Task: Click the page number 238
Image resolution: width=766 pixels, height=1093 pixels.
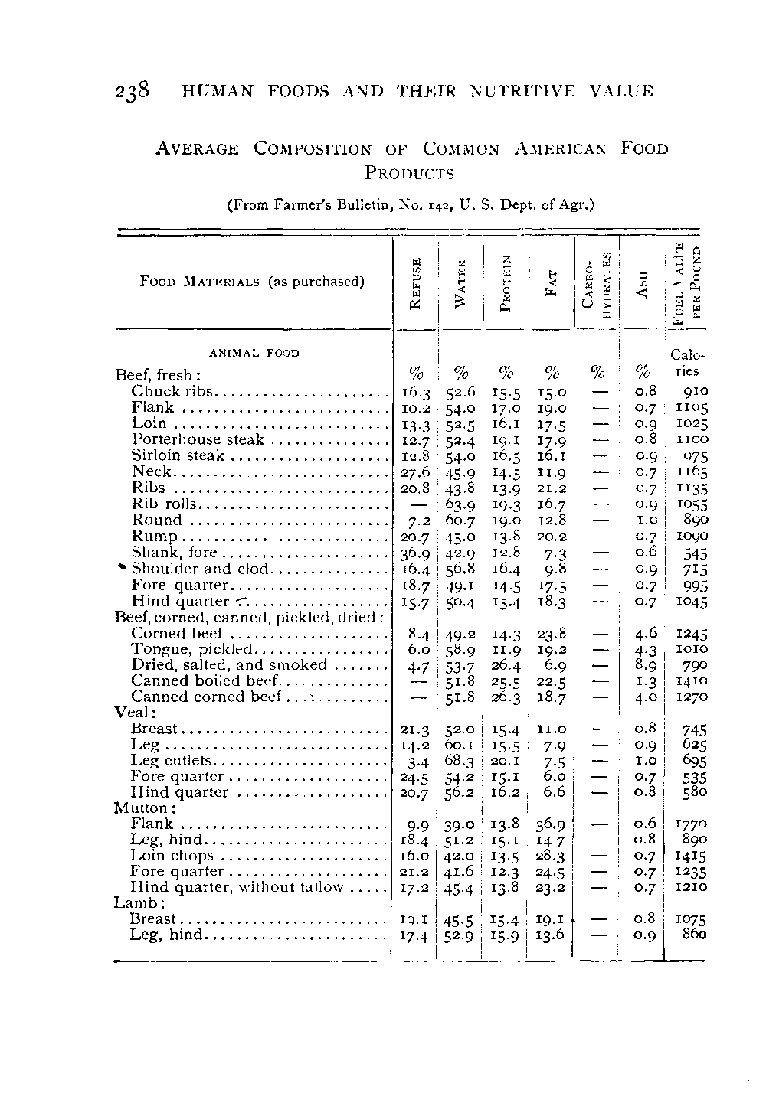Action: [132, 92]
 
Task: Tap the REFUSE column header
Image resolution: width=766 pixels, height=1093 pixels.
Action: [415, 282]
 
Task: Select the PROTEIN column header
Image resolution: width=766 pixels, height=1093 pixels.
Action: [506, 282]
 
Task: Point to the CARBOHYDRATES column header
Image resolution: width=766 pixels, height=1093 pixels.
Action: [596, 282]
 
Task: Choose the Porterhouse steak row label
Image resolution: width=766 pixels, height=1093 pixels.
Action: [198, 439]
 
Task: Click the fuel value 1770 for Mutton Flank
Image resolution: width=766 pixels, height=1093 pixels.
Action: [692, 824]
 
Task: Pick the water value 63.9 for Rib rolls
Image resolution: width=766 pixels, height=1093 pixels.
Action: [460, 504]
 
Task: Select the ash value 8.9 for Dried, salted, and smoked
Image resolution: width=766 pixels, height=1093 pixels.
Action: [646, 665]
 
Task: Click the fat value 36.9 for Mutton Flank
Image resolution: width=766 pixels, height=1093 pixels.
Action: [550, 824]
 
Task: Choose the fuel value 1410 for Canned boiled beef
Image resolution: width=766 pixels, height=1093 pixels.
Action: [692, 680]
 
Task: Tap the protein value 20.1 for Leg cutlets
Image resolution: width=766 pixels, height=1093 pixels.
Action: [505, 761]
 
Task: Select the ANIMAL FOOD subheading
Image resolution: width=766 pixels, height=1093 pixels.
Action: [254, 353]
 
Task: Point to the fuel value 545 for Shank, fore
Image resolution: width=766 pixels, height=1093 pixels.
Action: [695, 553]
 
